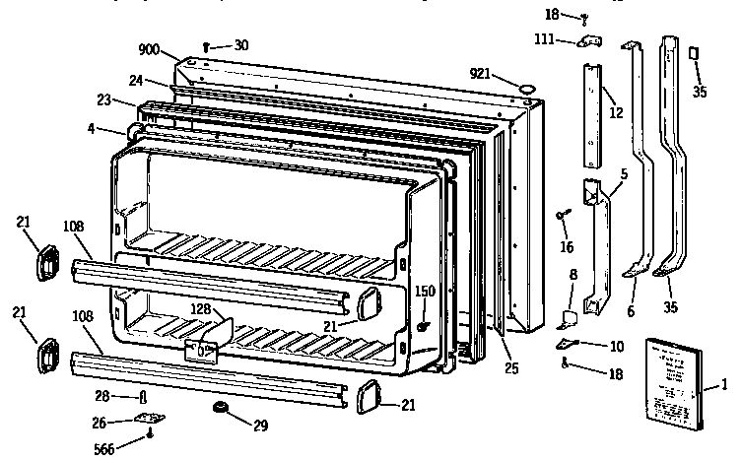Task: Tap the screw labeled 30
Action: (x=206, y=45)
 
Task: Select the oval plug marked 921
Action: (x=528, y=89)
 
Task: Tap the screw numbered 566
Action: (x=149, y=430)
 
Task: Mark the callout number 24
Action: (x=135, y=81)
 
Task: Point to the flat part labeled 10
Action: (x=565, y=342)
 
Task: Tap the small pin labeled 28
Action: (x=146, y=396)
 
